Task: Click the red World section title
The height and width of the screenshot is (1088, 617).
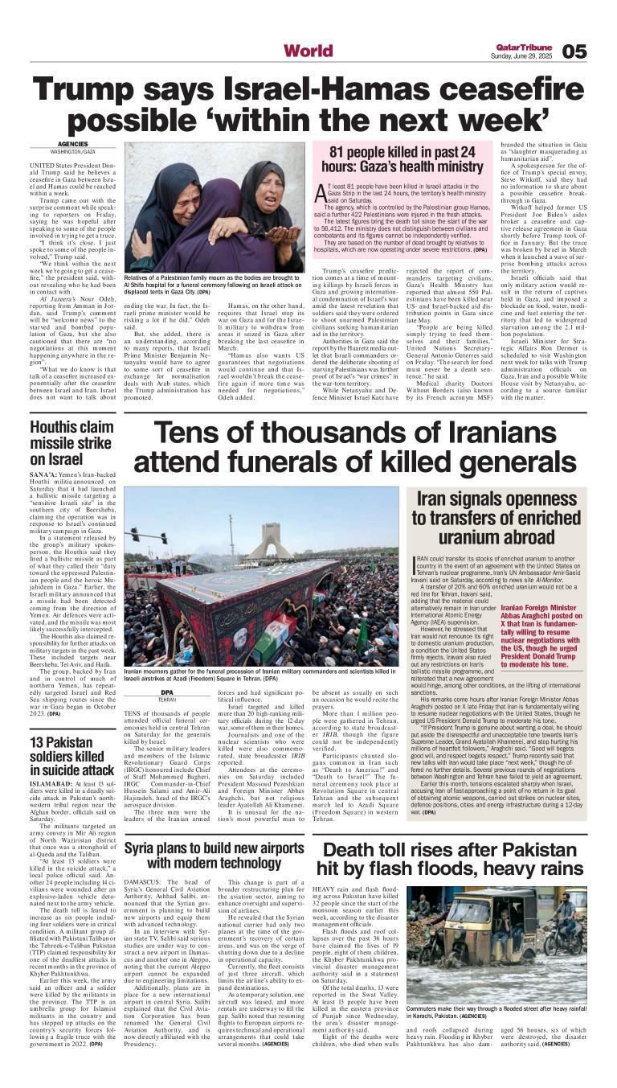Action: (x=308, y=51)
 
